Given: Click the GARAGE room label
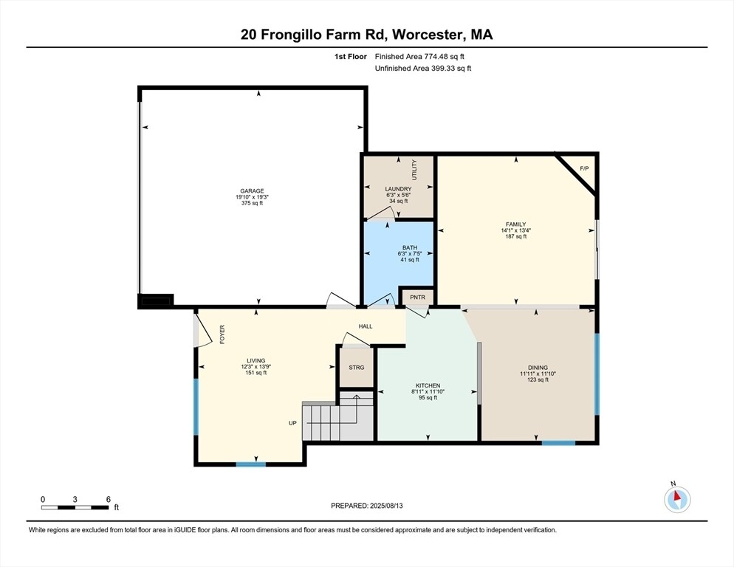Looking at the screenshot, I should coord(251,190).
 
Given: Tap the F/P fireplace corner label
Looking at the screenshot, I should coord(584,169).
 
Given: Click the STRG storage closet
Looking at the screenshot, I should coord(357,367).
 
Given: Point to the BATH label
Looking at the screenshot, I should coord(410,247).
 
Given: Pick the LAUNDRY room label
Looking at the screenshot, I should coord(398,189).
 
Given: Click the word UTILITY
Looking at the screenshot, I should coord(414,171).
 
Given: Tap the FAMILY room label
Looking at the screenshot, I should coord(515,224).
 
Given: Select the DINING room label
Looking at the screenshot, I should coord(538,367).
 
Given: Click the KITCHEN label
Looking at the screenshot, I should coord(428,385).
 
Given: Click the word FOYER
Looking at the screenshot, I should coord(222,334).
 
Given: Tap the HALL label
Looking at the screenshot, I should coord(366,326).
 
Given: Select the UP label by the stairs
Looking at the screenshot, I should coord(292,424).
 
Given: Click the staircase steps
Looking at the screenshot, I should coord(321,423).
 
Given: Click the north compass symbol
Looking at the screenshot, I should coord(676,499).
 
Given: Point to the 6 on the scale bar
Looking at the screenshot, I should coord(108,499).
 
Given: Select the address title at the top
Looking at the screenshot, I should coord(366,34).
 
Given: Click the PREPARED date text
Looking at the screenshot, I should coord(366,506).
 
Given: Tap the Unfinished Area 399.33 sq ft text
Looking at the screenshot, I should coord(422,68).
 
